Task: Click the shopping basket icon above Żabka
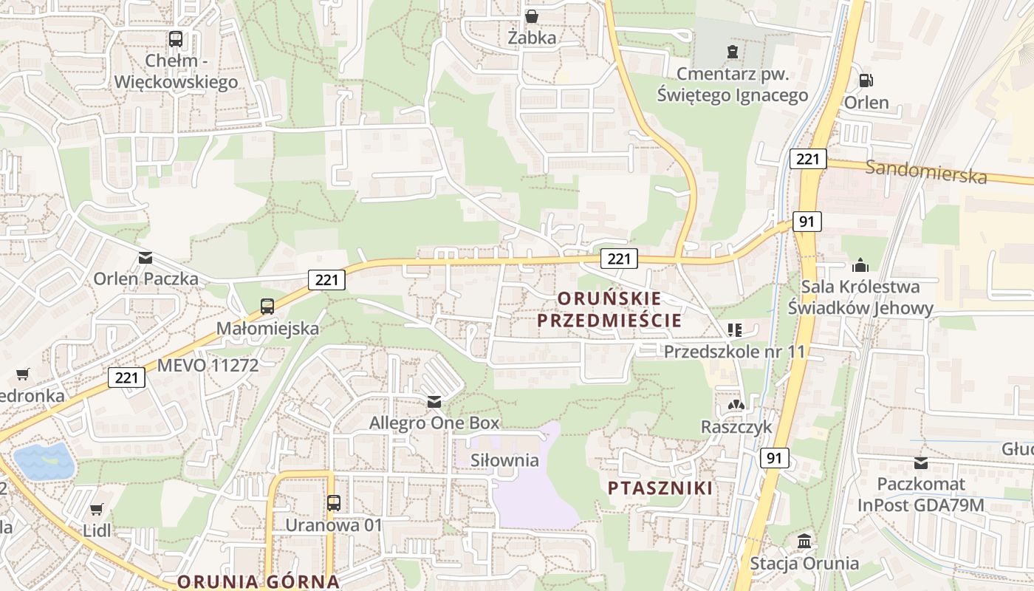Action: pos(531,16)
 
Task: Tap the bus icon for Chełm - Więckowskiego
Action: pos(176,38)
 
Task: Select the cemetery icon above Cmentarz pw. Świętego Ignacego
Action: pos(732,52)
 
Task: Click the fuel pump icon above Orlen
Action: pos(866,80)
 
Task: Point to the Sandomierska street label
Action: pos(925,171)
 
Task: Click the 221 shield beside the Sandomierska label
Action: pos(807,159)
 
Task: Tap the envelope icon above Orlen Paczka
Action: pos(145,257)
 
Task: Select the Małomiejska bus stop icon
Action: pos(267,306)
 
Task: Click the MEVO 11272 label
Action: pos(208,365)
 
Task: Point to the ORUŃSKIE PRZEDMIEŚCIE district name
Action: pos(609,310)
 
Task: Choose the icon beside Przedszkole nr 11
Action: pos(734,330)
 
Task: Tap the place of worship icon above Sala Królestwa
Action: pos(860,264)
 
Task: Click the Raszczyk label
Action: pos(736,427)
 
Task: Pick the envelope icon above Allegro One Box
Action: pos(434,402)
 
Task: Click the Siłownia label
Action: pos(505,460)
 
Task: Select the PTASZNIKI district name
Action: pos(660,488)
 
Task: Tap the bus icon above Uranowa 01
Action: pos(334,503)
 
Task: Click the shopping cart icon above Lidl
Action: pos(97,508)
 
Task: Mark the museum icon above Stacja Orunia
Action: pos(804,541)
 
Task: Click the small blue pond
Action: pos(44,461)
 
